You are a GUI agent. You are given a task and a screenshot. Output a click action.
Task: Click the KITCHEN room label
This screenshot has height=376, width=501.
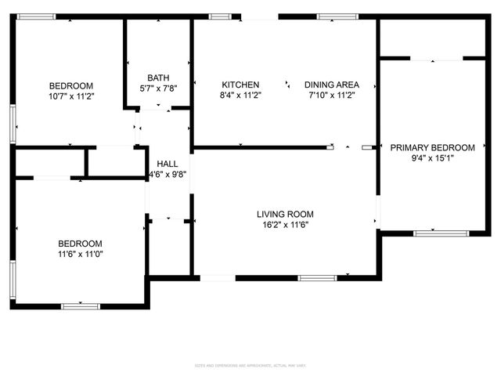pos(240,85)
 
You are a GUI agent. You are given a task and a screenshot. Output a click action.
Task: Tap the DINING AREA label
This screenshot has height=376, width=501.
pos(331,85)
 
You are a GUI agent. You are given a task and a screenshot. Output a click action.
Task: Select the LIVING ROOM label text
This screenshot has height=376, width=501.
pos(285,214)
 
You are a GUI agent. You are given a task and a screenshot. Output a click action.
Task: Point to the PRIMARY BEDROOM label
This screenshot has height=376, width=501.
pos(432,147)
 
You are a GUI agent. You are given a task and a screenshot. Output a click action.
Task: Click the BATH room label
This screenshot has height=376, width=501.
pos(159,78)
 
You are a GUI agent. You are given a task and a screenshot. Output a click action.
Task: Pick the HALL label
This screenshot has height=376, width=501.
pos(167,163)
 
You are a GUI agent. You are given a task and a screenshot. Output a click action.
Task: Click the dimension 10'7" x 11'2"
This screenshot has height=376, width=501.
pos(71,96)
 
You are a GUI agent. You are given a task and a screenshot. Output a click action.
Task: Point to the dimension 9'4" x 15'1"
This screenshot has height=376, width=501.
pos(432,157)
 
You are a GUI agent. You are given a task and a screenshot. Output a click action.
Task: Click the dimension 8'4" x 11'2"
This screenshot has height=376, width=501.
pos(240,95)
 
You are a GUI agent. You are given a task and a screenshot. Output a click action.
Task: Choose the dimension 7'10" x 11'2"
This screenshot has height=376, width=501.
pos(331,95)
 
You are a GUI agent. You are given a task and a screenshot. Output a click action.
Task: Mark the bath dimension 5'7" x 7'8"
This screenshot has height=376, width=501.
pos(159,88)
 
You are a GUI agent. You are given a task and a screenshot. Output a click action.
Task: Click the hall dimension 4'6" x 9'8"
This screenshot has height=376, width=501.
pos(167,173)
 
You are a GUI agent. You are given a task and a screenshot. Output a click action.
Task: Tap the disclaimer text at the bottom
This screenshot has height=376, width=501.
pos(250,365)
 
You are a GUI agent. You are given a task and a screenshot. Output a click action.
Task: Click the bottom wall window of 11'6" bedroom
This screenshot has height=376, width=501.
pos(81,305)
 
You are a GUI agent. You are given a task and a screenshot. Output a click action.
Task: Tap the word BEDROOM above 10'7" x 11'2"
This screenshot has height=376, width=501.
pos(71,85)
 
